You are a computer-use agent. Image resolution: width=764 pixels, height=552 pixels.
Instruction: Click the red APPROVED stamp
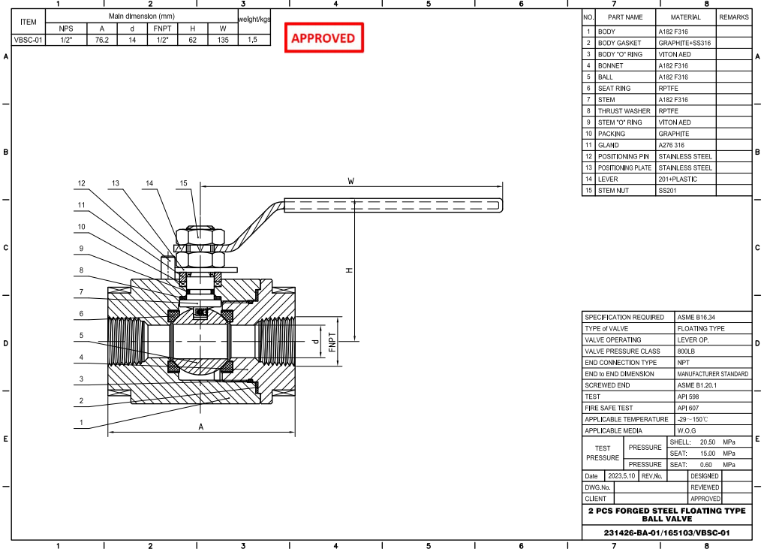(x=323, y=38)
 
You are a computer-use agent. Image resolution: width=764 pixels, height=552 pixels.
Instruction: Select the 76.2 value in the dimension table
(x=102, y=40)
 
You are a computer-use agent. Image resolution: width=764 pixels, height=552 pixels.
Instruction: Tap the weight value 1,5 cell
(x=253, y=40)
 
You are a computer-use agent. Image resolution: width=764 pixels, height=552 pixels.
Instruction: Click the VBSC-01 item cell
(x=29, y=40)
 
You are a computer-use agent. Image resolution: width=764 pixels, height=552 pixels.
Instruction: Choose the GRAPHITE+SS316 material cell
(x=684, y=44)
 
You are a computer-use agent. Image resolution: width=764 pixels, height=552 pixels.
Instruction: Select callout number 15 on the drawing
(x=183, y=183)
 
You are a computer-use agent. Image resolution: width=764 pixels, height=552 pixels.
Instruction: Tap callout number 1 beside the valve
(x=82, y=422)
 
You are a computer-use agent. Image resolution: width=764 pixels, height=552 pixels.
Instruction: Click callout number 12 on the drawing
(x=82, y=183)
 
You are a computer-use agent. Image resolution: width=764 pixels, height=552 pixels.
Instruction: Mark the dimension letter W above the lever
(x=350, y=181)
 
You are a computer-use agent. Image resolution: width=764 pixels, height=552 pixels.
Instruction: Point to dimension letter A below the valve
(x=200, y=427)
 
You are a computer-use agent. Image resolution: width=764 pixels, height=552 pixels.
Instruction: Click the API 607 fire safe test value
(x=688, y=408)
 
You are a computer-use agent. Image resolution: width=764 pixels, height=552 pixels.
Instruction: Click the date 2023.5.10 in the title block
(x=621, y=476)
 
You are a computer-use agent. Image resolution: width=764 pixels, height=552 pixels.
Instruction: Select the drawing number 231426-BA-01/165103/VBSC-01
(x=666, y=532)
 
